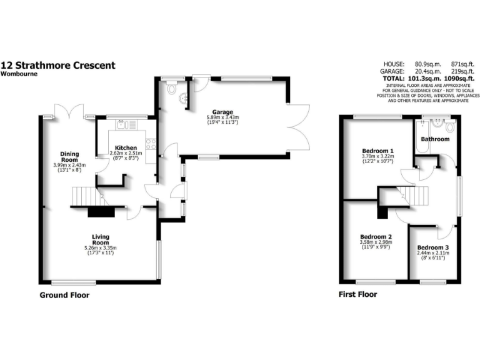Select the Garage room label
pyautogui.click(x=223, y=112)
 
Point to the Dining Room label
pyautogui.click(x=70, y=156)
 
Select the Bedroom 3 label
pyautogui.click(x=433, y=247)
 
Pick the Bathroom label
pyautogui.click(x=434, y=139)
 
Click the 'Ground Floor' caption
pyautogui.click(x=64, y=294)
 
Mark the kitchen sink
pyautogui.click(x=122, y=125)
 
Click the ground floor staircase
pyautogui.click(x=84, y=198)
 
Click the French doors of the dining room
pyautogui.click(x=68, y=111)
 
